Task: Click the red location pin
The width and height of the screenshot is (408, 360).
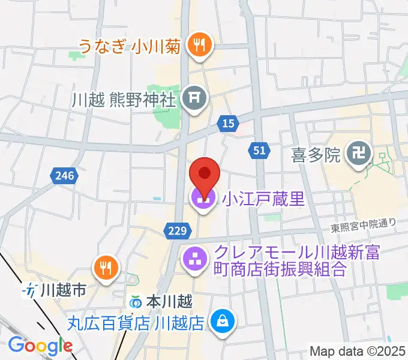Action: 204,173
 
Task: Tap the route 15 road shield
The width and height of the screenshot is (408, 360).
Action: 227,123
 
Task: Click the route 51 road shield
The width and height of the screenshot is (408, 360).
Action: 259,151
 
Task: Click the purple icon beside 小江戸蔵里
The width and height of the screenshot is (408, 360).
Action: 202,199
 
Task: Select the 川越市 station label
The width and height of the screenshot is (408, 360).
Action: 62,292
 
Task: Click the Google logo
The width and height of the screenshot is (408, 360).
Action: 40,346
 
